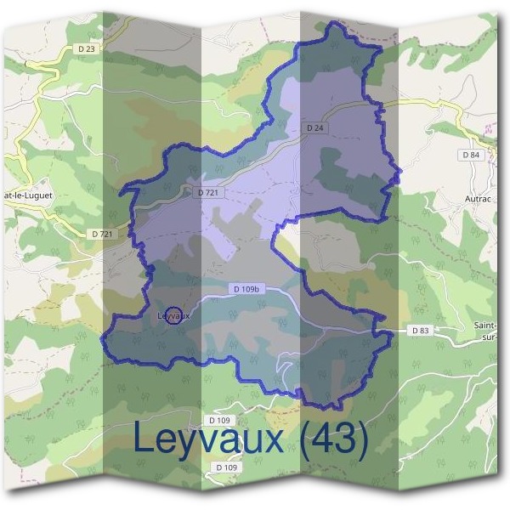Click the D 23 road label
click(86, 49)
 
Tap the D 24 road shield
click(314, 127)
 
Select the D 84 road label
click(470, 155)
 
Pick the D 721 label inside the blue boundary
click(208, 193)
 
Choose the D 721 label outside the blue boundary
click(100, 233)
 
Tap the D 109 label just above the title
click(219, 421)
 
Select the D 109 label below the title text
click(226, 467)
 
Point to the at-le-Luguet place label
click(26, 195)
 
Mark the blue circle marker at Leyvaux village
click(173, 315)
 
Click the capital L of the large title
click(144, 439)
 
